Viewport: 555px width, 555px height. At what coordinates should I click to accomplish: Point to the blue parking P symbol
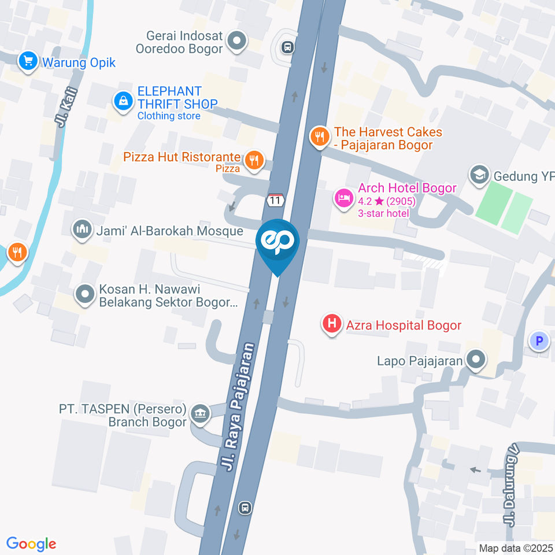click(539, 341)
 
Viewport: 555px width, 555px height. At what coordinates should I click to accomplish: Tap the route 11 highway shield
click(275, 200)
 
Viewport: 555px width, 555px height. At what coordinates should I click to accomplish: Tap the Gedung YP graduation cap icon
click(479, 175)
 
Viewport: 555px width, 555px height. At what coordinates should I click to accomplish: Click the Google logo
click(31, 543)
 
